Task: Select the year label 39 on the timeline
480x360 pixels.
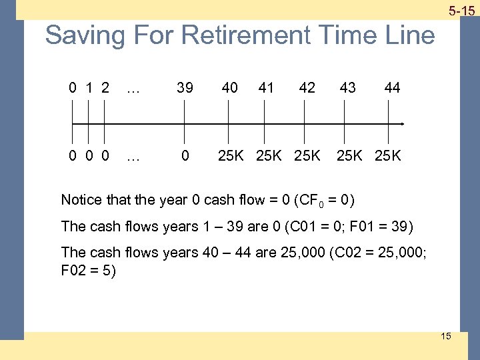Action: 185,87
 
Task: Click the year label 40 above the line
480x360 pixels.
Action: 229,87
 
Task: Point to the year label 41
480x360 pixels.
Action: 266,87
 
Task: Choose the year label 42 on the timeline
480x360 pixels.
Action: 307,87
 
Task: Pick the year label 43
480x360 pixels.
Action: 347,87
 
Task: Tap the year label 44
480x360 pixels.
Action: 392,87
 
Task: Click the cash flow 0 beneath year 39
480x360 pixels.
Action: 185,155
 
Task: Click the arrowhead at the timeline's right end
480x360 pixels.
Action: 402,124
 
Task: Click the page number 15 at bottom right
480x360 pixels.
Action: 445,336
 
